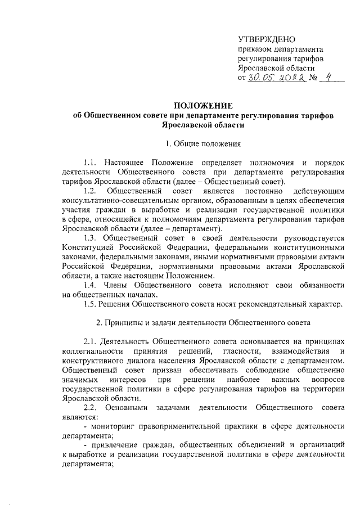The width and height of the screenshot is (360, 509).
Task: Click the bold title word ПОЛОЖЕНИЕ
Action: [x=202, y=106]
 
